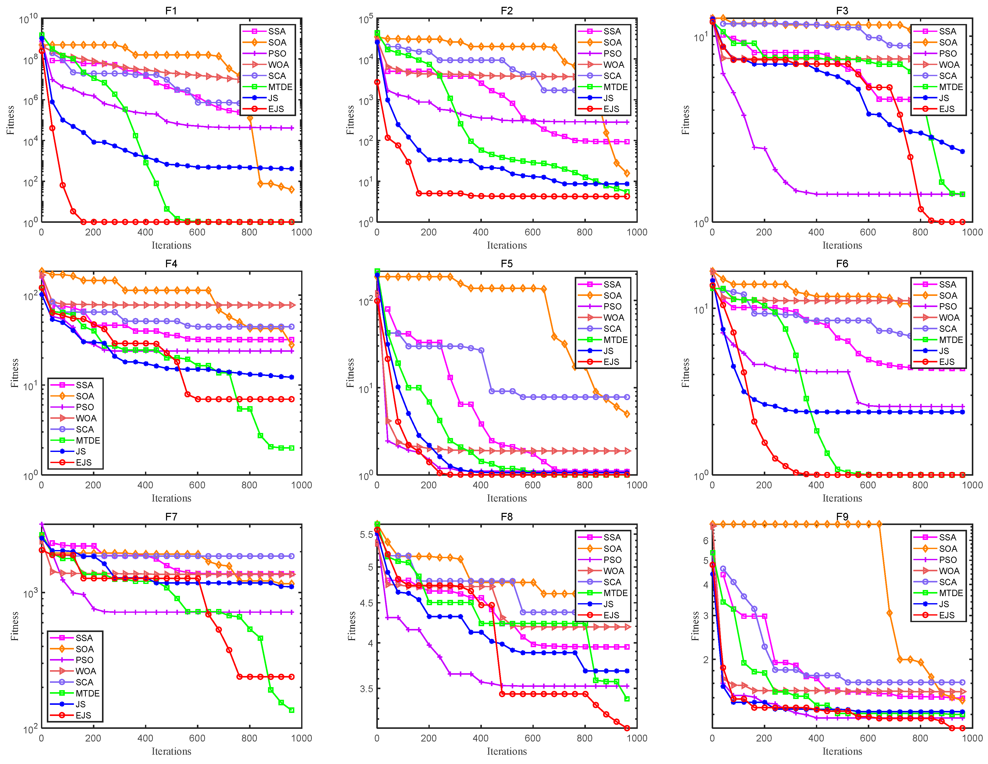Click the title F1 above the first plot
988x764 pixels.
[x=171, y=10]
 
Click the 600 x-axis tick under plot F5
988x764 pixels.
[x=532, y=485]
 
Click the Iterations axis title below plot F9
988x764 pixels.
[x=842, y=751]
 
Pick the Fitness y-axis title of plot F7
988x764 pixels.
[x=14, y=626]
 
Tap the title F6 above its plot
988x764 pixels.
[x=842, y=264]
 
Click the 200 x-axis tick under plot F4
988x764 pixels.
[x=93, y=485]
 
